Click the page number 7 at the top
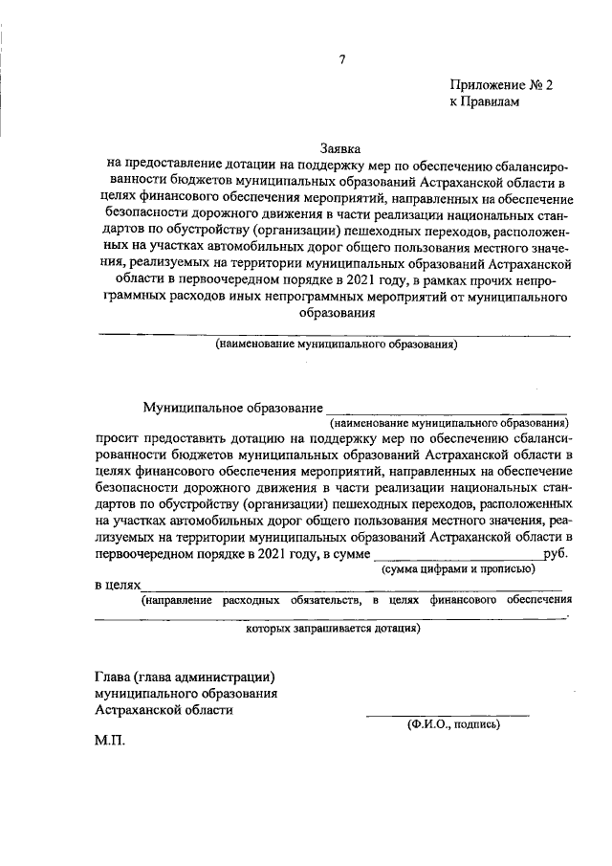point(341,60)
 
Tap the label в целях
point(117,584)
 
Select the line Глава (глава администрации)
point(186,675)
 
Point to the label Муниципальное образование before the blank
point(229,407)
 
